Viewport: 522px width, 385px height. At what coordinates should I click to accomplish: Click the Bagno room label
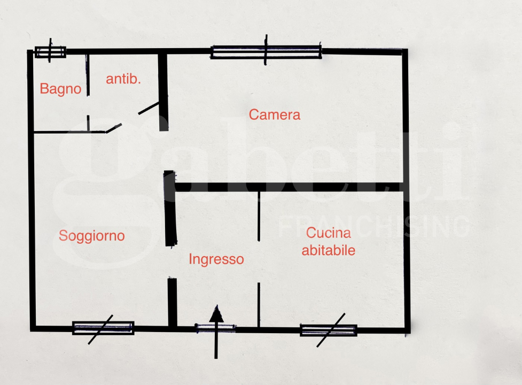[60, 89]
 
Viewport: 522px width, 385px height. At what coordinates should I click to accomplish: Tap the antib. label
[123, 79]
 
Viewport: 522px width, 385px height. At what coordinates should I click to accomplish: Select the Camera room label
[274, 114]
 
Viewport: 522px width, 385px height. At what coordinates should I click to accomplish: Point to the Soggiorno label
[91, 236]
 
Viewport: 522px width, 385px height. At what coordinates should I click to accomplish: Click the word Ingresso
[216, 259]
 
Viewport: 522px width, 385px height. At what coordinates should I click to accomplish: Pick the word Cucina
[328, 233]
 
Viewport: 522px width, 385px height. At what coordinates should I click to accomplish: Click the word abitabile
[328, 250]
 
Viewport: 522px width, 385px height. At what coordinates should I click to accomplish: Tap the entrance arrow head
[217, 314]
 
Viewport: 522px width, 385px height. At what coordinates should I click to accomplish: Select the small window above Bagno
[50, 52]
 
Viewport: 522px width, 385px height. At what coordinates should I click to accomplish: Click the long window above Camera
[266, 52]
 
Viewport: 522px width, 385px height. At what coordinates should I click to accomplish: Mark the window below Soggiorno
[103, 328]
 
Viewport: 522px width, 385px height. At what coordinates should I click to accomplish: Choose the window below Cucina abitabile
[329, 330]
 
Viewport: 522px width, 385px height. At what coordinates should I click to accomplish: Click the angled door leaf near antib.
[149, 109]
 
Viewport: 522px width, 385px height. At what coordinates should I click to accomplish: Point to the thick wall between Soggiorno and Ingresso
[170, 209]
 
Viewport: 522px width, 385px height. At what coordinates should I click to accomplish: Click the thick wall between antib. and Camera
[163, 91]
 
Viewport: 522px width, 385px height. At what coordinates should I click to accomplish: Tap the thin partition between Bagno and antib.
[88, 75]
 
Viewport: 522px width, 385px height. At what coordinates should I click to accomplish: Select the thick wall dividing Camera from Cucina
[289, 187]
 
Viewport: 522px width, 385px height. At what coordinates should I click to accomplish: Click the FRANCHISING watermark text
[373, 227]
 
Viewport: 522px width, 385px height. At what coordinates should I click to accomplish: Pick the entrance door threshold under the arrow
[215, 328]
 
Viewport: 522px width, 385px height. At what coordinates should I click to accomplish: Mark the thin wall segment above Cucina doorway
[259, 216]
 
